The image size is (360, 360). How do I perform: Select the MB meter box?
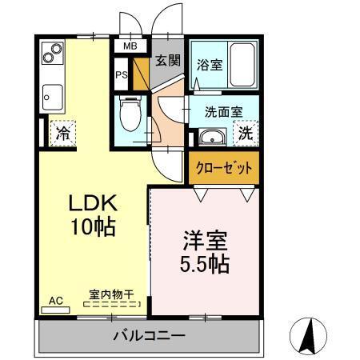point(129,46)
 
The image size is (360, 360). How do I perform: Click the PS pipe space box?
point(122,75)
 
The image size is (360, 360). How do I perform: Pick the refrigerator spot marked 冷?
point(62,133)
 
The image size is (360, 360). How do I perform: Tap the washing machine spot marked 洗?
point(247,134)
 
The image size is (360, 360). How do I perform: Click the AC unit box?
point(56,302)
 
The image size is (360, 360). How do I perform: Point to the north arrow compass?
point(309,335)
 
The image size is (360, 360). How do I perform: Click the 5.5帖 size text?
point(204,263)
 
